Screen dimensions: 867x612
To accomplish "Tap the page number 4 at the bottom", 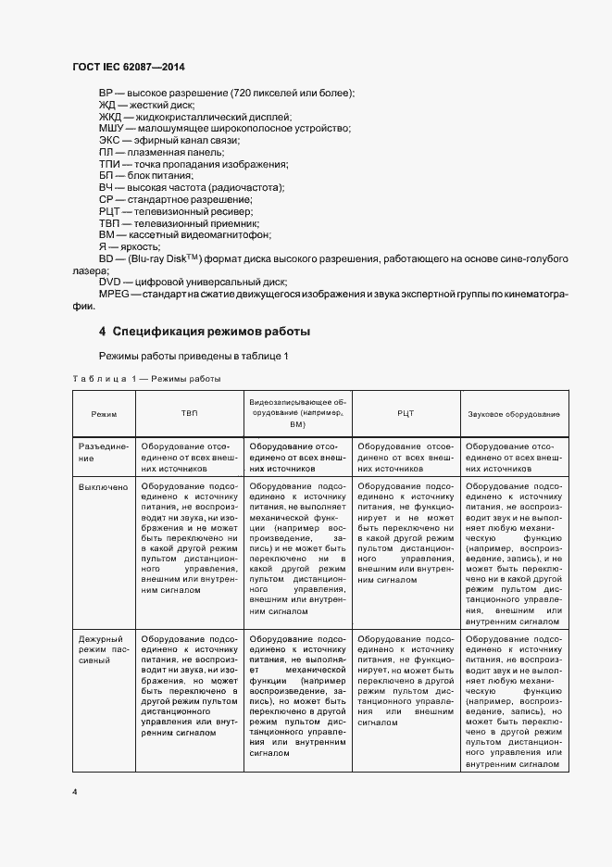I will (x=75, y=793).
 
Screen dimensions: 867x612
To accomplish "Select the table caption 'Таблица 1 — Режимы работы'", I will (x=146, y=379).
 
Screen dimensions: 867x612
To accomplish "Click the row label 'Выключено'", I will (x=102, y=485).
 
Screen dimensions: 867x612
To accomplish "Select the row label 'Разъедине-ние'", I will (x=102, y=451).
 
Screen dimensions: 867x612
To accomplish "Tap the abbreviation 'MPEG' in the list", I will (x=114, y=294).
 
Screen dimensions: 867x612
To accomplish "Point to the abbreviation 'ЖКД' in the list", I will (x=110, y=117).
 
